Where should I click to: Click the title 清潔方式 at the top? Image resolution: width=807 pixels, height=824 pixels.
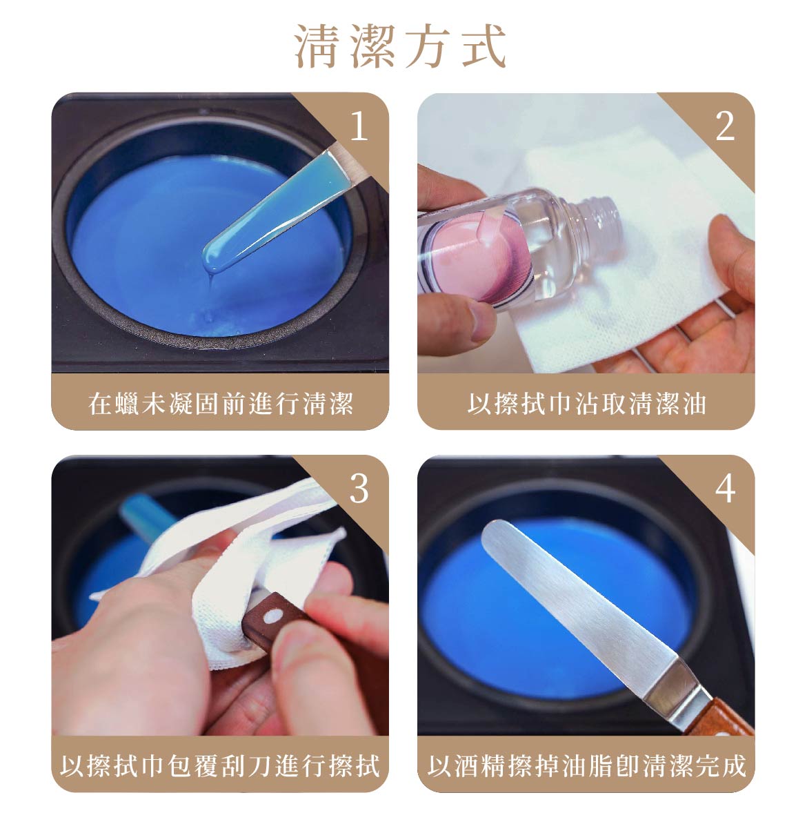click(x=402, y=47)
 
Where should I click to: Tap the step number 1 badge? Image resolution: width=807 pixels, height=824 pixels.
click(x=358, y=126)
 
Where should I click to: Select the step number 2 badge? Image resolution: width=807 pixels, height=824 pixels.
click(x=724, y=126)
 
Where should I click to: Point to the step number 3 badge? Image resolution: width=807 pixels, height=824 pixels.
click(x=359, y=489)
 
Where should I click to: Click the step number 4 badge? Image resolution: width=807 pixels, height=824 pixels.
click(x=725, y=489)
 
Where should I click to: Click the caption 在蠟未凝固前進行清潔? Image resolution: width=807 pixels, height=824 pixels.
click(x=221, y=403)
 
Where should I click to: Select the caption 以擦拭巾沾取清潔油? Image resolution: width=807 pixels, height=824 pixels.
click(x=586, y=403)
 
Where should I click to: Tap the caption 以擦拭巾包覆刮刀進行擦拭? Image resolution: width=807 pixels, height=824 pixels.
click(x=221, y=765)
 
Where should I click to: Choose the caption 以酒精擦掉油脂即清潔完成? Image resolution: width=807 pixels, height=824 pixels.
click(x=586, y=765)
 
